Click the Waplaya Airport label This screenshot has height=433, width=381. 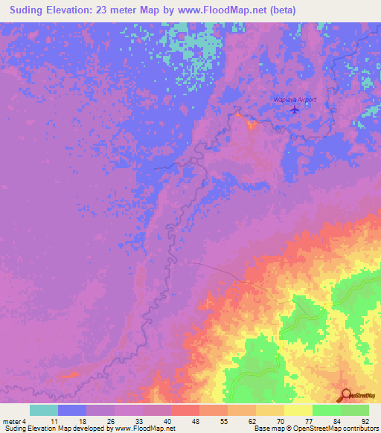(x=295, y=99)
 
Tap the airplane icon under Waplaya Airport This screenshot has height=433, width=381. (x=296, y=109)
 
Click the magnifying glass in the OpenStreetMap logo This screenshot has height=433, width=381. (x=345, y=396)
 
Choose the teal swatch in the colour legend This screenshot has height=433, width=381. (x=44, y=410)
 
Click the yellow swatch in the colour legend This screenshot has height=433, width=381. (x=298, y=410)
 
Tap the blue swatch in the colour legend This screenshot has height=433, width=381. (x=72, y=410)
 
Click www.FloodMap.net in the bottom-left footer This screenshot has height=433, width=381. (x=146, y=429)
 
